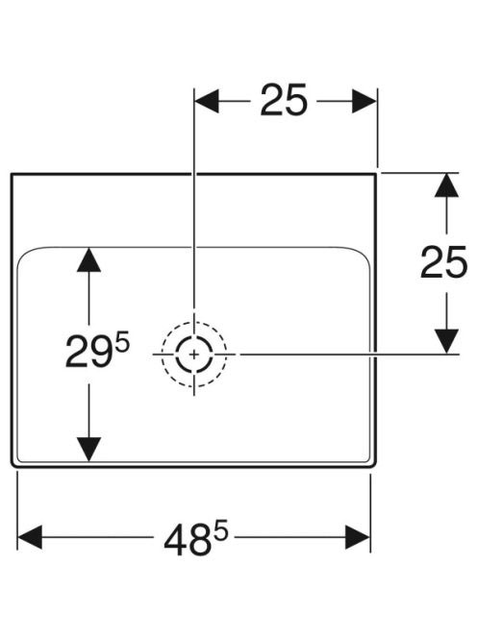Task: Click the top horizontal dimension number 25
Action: pyautogui.click(x=283, y=101)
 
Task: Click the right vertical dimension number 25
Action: pyautogui.click(x=443, y=262)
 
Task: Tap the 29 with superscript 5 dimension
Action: pyautogui.click(x=97, y=351)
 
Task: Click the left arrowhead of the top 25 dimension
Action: pyautogui.click(x=207, y=101)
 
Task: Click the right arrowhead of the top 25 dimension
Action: pyautogui.click(x=364, y=101)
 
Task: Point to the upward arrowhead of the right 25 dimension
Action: pyautogui.click(x=447, y=185)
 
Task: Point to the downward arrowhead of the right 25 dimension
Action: pyautogui.click(x=447, y=341)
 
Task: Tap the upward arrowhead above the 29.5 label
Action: pyautogui.click(x=88, y=259)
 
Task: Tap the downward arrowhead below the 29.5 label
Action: pyautogui.click(x=88, y=450)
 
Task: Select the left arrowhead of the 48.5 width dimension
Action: pyautogui.click(x=30, y=537)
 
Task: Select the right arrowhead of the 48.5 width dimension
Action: pyautogui.click(x=358, y=537)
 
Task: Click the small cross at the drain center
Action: pyautogui.click(x=194, y=355)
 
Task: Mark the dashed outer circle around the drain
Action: pyautogui.click(x=194, y=323)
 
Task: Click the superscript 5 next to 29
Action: pyautogui.click(x=122, y=342)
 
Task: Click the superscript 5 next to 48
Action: pyautogui.click(x=222, y=531)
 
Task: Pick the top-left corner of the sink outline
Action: pyautogui.click(x=12, y=174)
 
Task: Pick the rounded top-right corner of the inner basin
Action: pyautogui.click(x=363, y=254)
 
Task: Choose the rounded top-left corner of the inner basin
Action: pyautogui.click(x=24, y=254)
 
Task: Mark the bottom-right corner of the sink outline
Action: pyautogui.click(x=373, y=465)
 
